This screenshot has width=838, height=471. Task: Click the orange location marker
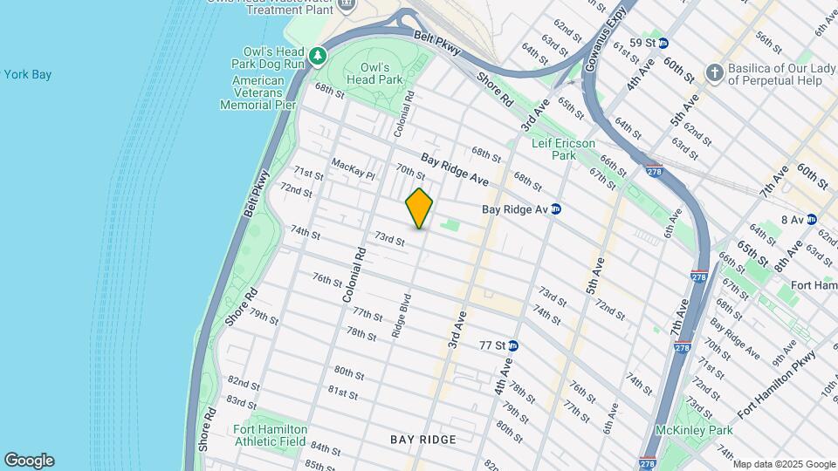[419, 208]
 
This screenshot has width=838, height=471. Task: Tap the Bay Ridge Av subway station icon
[555, 209]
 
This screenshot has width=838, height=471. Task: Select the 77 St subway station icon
[513, 345]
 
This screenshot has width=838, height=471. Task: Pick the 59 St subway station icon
[663, 43]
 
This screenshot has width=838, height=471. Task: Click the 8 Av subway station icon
[811, 220]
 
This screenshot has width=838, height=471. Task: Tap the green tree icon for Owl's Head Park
[319, 56]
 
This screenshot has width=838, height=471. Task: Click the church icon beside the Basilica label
[714, 72]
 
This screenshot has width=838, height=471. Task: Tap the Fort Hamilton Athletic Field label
[270, 435]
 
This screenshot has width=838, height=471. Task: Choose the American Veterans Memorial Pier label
[258, 92]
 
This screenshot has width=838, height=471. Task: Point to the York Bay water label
[27, 75]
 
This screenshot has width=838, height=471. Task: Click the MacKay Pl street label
[352, 168]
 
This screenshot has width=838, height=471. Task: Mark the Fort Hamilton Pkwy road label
[776, 385]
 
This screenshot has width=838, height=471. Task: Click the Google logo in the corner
[29, 460]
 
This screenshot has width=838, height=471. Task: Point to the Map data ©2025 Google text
[783, 464]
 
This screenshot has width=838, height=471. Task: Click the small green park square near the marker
[450, 226]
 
